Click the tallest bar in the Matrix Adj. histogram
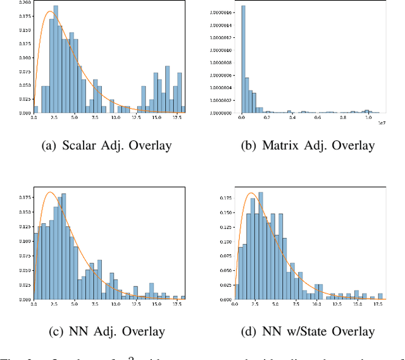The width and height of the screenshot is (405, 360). [244, 60]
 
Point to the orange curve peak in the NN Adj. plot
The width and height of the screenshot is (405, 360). [51, 192]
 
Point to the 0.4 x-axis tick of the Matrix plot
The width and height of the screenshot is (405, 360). [293, 118]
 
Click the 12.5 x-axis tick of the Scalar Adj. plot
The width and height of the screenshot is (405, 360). [135, 118]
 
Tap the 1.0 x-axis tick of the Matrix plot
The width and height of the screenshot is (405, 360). [368, 118]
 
